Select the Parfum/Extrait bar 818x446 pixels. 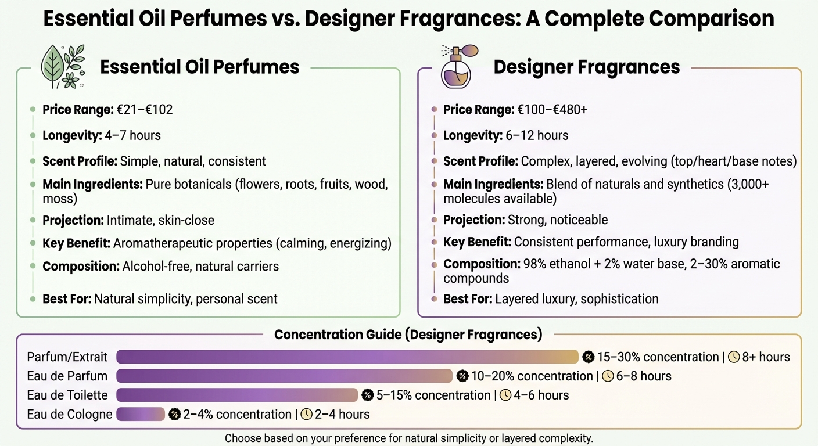click(347, 357)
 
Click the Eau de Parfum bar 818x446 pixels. click(285, 376)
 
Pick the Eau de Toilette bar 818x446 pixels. click(237, 395)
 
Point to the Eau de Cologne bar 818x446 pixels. click(141, 414)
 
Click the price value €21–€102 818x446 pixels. click(145, 110)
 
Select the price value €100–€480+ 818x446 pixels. click(552, 110)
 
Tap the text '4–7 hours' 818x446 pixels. click(132, 135)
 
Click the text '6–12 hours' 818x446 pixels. click(537, 135)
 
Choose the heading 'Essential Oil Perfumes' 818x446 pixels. click(200, 67)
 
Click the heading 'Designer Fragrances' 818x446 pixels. click(587, 67)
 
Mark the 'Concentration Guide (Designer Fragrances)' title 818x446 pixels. click(408, 334)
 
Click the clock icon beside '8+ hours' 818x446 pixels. click(734, 357)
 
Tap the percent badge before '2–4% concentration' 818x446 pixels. click(174, 414)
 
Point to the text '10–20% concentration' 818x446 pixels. click(532, 376)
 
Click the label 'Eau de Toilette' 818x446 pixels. click(67, 395)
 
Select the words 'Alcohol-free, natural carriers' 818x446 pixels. click(200, 267)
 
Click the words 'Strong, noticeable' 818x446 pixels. click(558, 220)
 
